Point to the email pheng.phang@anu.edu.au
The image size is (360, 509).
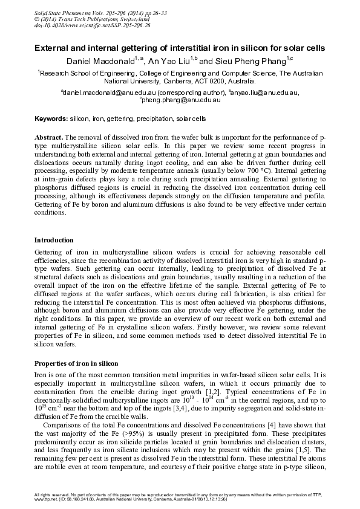(x=180, y=100)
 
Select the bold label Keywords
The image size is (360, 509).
(x=51, y=118)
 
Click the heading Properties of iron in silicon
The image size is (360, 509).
(x=76, y=363)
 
